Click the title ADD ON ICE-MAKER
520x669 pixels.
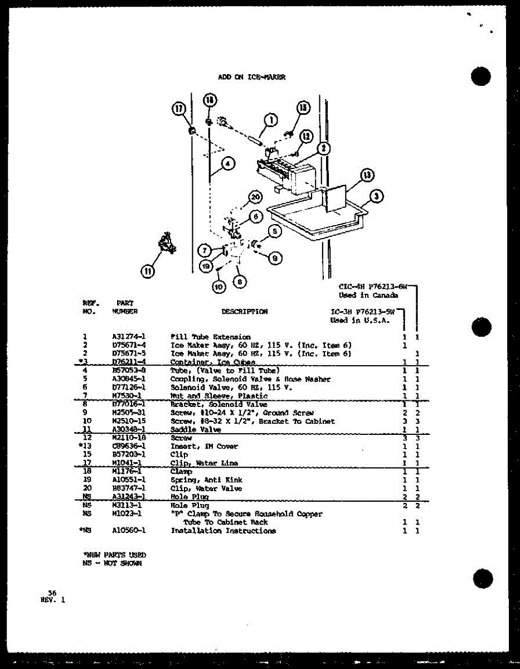click(x=251, y=77)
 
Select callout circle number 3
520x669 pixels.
click(x=377, y=196)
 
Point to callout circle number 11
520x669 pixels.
click(x=148, y=272)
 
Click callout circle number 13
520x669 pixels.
click(x=365, y=175)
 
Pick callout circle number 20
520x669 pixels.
click(x=255, y=197)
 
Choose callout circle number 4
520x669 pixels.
click(x=227, y=163)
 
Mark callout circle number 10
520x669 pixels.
click(x=218, y=286)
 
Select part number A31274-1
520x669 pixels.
click(x=129, y=337)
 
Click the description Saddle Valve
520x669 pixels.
click(x=196, y=430)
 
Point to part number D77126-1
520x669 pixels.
click(x=129, y=387)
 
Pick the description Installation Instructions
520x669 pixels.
click(x=223, y=531)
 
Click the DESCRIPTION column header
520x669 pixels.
click(x=244, y=312)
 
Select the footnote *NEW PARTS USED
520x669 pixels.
click(x=114, y=555)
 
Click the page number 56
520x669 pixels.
click(x=52, y=593)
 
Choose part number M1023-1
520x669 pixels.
click(x=129, y=514)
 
